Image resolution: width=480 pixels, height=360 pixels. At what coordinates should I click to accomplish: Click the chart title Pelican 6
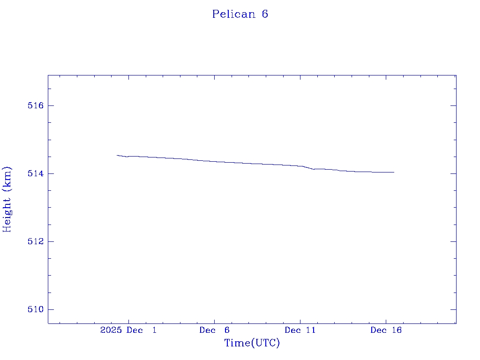coord(240,14)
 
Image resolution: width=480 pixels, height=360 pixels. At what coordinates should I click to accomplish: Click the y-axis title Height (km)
coord(7,199)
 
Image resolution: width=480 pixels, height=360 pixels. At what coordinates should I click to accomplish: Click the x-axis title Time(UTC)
coord(252,343)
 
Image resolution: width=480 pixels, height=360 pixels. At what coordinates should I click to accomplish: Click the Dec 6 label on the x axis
coord(214,330)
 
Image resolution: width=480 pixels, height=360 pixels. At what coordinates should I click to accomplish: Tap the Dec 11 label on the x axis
coord(300,330)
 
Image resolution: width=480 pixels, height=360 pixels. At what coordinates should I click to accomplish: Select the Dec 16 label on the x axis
coord(386,330)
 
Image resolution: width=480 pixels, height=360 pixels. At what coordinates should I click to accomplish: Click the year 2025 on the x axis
coord(112,330)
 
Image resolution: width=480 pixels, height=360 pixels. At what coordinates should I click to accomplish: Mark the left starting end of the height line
coord(117,155)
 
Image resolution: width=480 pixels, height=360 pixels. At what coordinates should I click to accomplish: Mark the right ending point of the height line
coord(394,172)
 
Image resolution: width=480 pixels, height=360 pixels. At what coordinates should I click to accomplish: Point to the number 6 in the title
coord(265,14)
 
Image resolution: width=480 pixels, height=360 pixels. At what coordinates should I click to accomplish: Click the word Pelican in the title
coord(233,14)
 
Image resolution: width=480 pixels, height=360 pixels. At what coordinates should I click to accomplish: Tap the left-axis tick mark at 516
coord(51,105)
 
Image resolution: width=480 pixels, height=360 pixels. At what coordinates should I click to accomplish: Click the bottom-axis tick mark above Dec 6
coord(214,321)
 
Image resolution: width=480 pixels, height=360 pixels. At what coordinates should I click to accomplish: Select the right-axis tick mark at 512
coord(453,241)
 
